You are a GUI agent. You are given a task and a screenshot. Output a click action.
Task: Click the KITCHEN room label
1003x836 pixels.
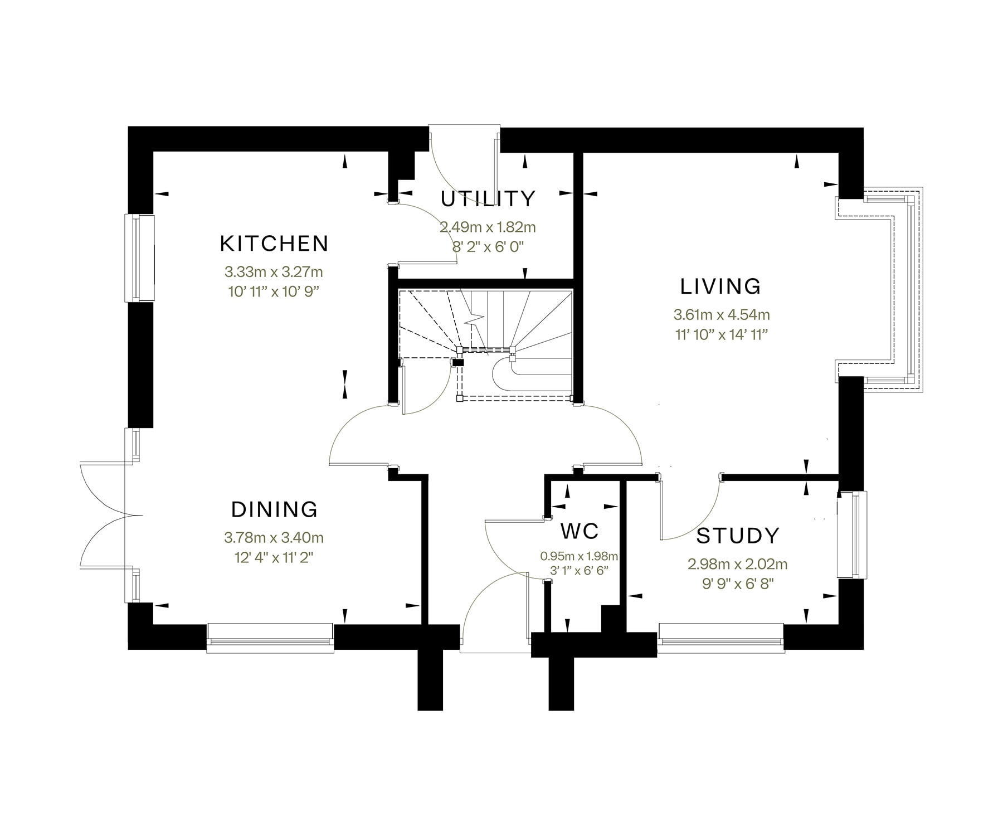[274, 244]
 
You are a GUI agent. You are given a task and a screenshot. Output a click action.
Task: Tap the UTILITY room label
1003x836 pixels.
[488, 198]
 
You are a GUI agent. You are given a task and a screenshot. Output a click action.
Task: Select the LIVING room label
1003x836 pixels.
[720, 286]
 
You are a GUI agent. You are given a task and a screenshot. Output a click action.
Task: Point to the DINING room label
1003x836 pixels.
[274, 509]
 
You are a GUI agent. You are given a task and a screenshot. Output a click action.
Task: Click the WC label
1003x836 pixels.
[580, 531]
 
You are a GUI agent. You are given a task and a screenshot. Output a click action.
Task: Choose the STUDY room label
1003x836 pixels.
[738, 536]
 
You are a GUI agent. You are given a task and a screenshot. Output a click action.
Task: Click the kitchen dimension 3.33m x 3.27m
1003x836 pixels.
[274, 272]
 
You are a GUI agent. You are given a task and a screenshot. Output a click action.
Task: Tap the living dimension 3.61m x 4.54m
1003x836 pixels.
[722, 315]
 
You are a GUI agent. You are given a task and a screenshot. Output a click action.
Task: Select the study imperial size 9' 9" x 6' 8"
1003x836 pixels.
[738, 584]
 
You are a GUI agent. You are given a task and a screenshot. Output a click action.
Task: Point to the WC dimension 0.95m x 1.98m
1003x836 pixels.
[579, 556]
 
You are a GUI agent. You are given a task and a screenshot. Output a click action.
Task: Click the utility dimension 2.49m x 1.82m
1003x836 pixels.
[488, 227]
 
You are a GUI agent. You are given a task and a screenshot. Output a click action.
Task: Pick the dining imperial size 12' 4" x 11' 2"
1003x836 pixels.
[274, 557]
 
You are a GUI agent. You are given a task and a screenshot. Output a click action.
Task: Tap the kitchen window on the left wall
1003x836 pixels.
[139, 257]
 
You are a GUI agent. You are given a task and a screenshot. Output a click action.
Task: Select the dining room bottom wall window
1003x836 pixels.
[270, 638]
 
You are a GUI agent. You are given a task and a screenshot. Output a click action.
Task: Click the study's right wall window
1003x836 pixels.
[852, 535]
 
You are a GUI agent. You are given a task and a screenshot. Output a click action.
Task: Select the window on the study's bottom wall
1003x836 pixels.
[721, 638]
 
